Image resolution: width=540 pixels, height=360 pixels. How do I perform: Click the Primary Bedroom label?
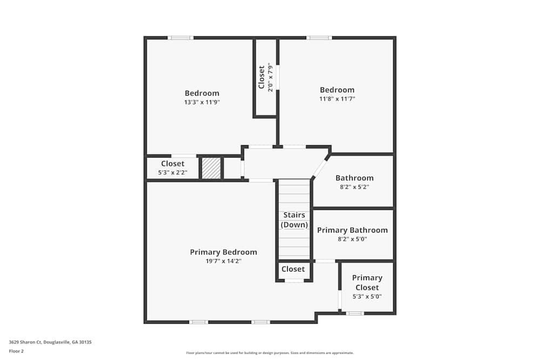[x=223, y=252]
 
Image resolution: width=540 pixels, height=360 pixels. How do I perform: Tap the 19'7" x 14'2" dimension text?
[x=223, y=261]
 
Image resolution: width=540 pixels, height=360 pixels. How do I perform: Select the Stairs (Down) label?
[x=294, y=220]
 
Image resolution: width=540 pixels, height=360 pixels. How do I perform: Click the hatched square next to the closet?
[x=211, y=168]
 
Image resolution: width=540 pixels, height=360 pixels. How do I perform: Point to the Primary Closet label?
[x=367, y=282]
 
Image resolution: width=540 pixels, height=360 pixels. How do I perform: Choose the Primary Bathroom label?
[x=352, y=230]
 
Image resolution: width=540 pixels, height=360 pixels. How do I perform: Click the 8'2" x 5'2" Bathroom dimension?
[x=354, y=187]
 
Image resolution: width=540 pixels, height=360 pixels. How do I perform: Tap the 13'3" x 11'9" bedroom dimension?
[x=202, y=102]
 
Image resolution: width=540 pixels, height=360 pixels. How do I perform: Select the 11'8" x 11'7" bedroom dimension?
[x=337, y=99]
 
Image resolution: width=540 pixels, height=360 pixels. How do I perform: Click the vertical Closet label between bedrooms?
[x=262, y=78]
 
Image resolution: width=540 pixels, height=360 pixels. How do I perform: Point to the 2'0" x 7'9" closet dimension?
[x=271, y=78]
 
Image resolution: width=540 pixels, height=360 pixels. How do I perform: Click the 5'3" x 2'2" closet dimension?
[x=172, y=173]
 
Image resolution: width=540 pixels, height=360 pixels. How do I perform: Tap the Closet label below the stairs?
[x=293, y=269]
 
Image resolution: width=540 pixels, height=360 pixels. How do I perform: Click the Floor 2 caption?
[x=16, y=351]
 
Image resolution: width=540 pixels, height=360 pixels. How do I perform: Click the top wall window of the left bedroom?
[x=180, y=38]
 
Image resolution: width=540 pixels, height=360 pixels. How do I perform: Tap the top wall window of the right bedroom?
[x=319, y=38]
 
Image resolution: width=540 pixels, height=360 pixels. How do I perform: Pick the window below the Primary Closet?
[x=355, y=313]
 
